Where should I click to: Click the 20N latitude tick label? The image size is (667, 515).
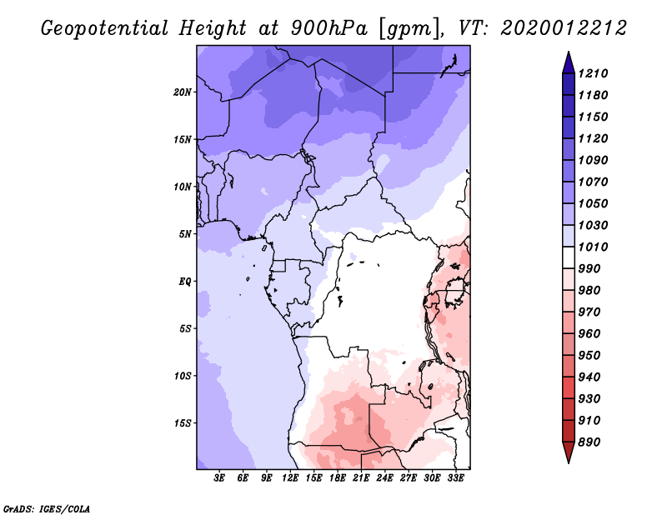183,92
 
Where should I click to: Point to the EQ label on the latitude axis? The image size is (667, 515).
185,282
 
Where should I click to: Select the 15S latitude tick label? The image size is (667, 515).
183,423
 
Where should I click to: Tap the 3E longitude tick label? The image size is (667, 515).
219,478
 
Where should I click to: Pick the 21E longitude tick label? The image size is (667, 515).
361,478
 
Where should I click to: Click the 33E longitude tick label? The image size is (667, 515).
455,478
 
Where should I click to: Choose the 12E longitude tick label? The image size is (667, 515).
290,478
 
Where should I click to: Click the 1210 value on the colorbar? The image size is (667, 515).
593,73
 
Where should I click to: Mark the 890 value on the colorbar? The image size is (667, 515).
589,442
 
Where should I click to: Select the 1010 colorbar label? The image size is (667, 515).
593,247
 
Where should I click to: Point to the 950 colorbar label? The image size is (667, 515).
589,356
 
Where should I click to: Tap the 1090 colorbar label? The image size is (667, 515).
593,160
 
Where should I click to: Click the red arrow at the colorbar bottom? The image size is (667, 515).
569,451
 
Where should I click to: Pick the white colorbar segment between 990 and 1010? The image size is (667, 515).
569,257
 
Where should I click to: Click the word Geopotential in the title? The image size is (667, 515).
105,28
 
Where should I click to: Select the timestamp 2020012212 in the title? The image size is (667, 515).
564,28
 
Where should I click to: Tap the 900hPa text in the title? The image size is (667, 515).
329,28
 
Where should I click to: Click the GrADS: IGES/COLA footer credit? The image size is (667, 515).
47,508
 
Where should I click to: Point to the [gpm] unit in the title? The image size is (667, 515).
409,29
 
